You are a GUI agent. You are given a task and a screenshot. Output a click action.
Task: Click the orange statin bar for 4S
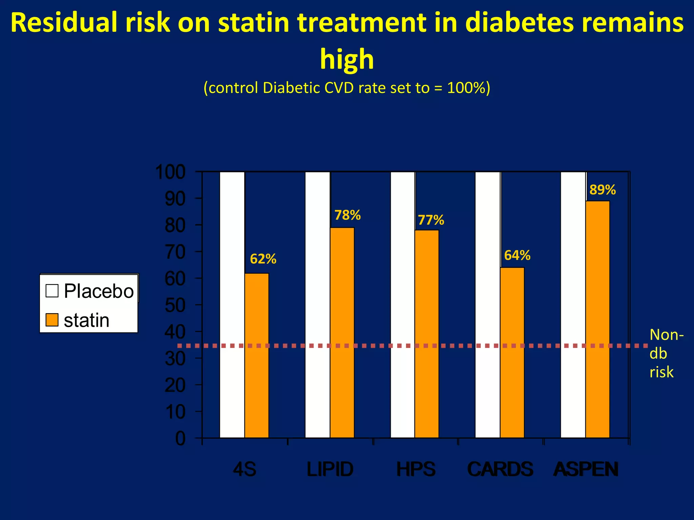click(x=257, y=355)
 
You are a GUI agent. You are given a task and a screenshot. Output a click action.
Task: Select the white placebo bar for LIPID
click(x=318, y=305)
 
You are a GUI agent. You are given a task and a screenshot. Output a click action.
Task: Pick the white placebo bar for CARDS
click(x=488, y=305)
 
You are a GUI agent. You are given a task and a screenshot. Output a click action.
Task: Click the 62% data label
click(x=263, y=259)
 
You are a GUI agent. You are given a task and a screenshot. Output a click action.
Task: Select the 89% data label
click(x=603, y=190)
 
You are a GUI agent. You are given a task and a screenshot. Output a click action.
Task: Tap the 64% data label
click(x=517, y=255)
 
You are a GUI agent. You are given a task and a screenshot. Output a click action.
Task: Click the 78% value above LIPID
click(x=347, y=215)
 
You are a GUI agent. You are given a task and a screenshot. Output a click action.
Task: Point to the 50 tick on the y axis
click(x=175, y=305)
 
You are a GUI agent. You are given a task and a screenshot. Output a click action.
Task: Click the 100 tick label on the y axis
click(x=170, y=172)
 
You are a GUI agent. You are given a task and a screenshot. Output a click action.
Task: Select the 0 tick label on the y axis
click(x=180, y=439)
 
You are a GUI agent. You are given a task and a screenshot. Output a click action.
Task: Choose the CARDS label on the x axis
click(x=500, y=469)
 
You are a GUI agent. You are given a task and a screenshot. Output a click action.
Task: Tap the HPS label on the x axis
click(x=416, y=469)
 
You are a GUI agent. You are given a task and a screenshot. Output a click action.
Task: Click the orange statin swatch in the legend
click(x=52, y=320)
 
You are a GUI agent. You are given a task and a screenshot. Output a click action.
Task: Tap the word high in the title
click(x=347, y=59)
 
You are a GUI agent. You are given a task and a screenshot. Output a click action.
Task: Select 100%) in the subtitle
click(x=468, y=88)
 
